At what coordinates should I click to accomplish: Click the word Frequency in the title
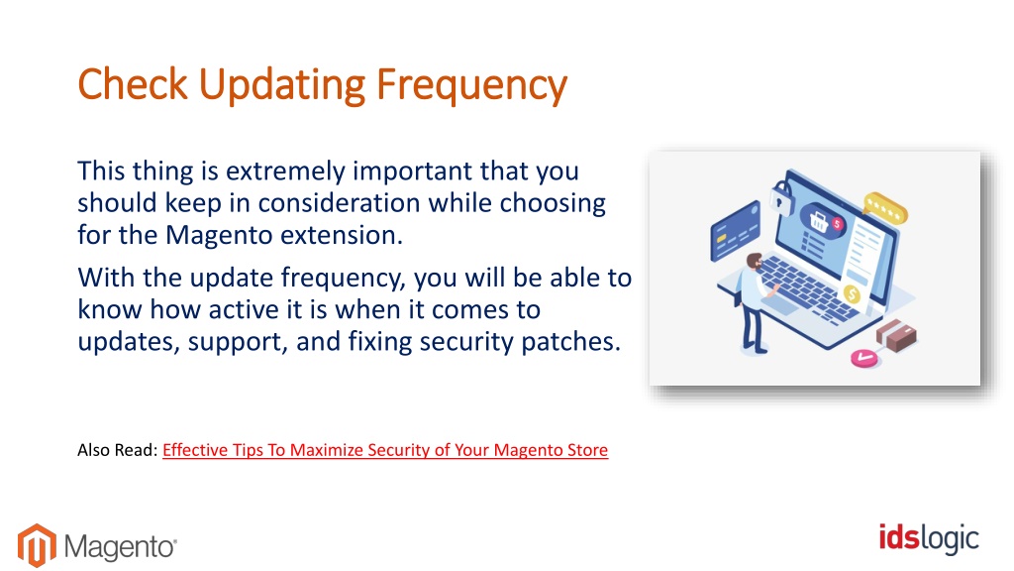471,85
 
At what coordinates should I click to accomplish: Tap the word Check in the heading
133,84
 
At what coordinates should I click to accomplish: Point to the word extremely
285,171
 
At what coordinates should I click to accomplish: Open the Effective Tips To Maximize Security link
385,450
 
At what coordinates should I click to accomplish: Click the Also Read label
118,450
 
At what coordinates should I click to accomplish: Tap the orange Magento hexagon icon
37,545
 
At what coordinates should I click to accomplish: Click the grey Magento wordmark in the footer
120,547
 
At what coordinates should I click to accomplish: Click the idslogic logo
929,538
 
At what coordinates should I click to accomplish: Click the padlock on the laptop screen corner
781,198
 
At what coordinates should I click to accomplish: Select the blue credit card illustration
736,230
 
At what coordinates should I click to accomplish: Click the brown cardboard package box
896,335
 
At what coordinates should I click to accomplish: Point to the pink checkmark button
863,358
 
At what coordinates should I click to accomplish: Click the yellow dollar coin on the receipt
852,295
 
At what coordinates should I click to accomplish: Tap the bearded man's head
754,261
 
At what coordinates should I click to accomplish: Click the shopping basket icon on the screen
819,221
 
